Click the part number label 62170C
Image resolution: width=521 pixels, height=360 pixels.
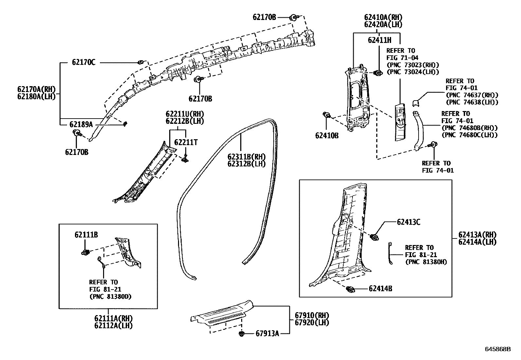[83, 63]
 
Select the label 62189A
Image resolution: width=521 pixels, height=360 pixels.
[81, 124]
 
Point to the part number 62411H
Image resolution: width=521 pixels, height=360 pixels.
[379, 40]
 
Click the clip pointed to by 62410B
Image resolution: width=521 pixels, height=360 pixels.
[326, 115]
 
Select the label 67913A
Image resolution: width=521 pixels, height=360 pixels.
[267, 334]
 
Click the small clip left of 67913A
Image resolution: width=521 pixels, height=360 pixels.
[242, 334]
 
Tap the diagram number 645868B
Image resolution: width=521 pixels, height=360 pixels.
[498, 349]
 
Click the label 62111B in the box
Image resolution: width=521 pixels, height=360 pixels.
[86, 235]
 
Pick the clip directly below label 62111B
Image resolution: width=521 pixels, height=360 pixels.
[85, 252]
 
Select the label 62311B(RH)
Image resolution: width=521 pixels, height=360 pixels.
[246, 157]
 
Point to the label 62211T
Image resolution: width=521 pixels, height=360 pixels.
[186, 142]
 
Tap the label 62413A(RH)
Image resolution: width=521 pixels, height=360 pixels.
[477, 235]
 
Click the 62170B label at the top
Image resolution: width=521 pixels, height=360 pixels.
[264, 17]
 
